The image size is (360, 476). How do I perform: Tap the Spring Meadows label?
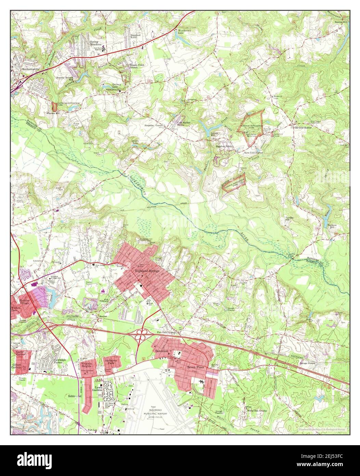(x=96, y=43)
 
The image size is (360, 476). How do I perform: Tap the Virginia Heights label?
(x=88, y=364)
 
